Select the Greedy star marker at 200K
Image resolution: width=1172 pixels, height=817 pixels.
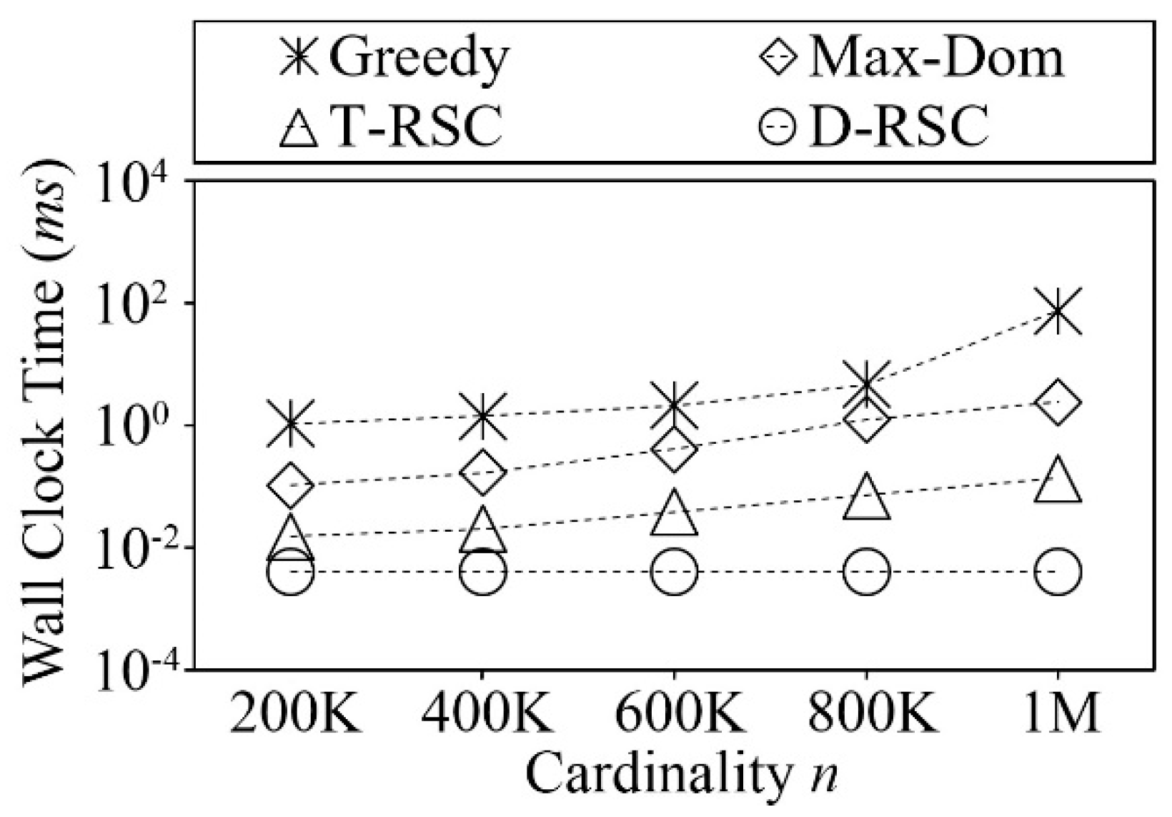290,423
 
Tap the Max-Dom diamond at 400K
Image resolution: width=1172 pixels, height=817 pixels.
482,472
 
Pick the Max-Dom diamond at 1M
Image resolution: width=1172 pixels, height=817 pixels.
1057,402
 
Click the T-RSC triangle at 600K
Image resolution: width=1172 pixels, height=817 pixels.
674,512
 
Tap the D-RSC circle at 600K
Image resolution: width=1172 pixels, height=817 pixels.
674,572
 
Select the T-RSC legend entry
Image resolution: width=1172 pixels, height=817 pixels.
390,126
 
